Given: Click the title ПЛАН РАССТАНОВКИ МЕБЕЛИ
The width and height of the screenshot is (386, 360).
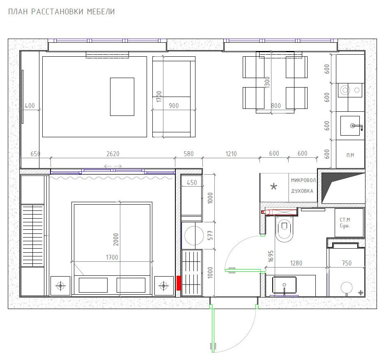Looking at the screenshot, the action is [x=62, y=12].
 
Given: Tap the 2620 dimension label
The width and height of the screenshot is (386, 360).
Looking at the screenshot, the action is [x=113, y=154].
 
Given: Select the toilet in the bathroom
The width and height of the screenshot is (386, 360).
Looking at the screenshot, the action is [x=284, y=229].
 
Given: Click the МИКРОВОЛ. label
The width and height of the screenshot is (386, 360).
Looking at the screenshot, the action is [x=304, y=180].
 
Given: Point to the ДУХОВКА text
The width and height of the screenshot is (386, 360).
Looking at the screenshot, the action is [x=302, y=191].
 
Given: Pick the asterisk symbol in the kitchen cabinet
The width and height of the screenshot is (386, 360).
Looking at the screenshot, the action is [x=274, y=187].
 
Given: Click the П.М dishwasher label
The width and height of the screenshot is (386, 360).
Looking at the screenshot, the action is [x=350, y=155].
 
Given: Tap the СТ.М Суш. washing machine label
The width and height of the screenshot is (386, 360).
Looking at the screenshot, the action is [x=345, y=222].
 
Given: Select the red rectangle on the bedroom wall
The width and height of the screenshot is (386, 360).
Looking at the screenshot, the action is [x=179, y=283].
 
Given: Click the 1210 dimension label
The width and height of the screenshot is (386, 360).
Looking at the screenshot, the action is [x=231, y=154].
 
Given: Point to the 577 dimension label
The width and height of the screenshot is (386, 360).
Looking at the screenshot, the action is [x=210, y=235].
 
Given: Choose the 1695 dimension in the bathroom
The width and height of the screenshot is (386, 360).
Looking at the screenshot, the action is [x=271, y=256].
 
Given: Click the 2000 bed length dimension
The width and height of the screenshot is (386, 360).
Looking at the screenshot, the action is [x=116, y=240].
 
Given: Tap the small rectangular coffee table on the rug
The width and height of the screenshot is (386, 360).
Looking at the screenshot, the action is [x=122, y=97].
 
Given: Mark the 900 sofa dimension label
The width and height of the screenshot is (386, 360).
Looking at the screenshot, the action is [x=174, y=106].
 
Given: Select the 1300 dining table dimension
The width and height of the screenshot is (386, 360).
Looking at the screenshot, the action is [x=267, y=83].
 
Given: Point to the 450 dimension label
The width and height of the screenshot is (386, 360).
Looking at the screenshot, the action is [x=192, y=182].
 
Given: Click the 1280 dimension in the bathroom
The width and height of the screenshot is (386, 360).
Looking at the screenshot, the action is [x=296, y=263].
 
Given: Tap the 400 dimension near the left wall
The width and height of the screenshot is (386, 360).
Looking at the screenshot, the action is [x=30, y=106].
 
